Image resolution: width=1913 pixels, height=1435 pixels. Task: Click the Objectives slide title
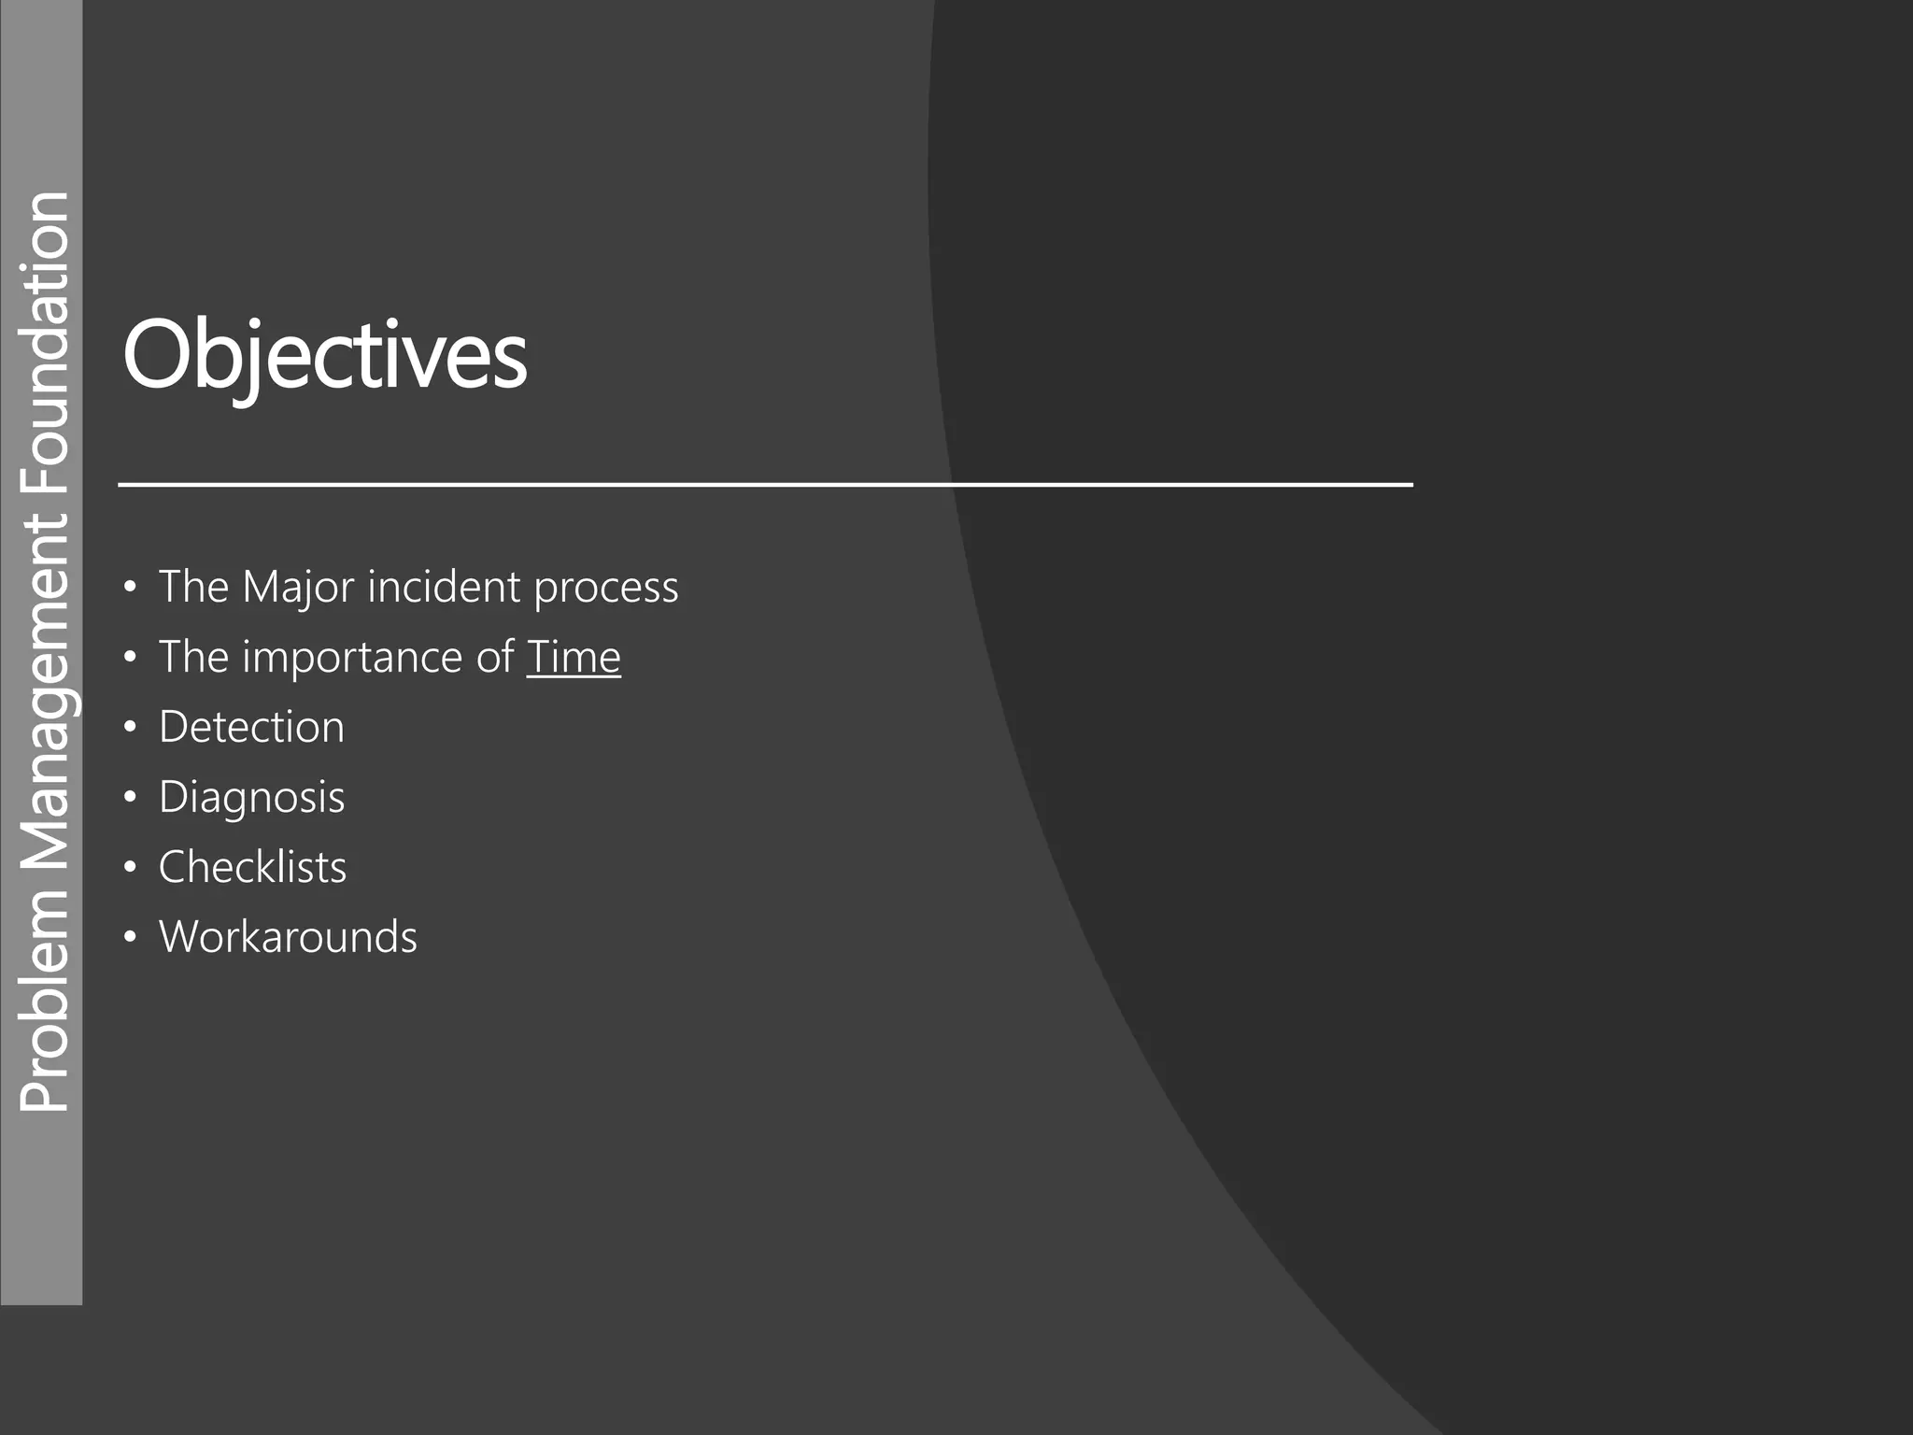point(324,356)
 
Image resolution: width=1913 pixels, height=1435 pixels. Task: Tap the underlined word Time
point(574,657)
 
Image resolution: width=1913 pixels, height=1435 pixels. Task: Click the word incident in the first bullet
point(444,587)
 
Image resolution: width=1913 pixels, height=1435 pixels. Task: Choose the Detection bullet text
point(251,727)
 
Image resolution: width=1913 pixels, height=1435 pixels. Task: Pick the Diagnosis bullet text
point(251,798)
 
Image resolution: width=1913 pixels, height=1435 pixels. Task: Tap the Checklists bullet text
point(252,867)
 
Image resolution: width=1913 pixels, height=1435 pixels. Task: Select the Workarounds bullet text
point(288,937)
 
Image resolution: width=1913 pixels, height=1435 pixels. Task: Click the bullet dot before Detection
point(130,728)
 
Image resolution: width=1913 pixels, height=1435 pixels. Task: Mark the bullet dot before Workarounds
point(130,938)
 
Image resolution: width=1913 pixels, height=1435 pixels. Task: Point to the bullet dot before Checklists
point(130,868)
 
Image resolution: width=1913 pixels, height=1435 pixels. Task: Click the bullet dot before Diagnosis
point(130,798)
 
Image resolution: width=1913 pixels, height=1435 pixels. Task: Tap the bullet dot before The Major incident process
point(130,588)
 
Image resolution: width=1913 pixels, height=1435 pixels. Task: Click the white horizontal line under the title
point(765,485)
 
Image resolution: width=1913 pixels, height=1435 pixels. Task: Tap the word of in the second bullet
point(495,657)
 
